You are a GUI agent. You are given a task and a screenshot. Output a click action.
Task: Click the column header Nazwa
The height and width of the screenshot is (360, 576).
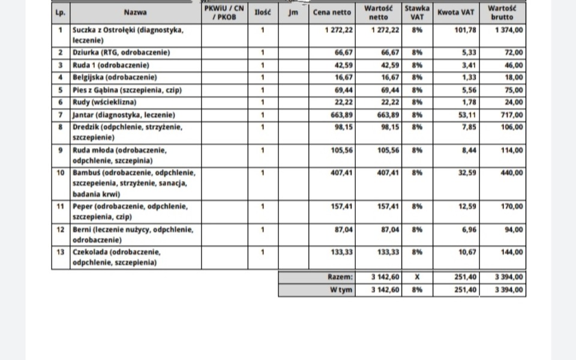pos(135,12)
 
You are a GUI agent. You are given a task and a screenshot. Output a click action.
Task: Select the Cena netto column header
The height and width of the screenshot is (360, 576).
pos(332,12)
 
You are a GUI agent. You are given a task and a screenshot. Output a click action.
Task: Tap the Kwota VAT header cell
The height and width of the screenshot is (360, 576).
pos(456,12)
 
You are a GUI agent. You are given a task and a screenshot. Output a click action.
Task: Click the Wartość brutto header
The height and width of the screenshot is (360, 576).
pos(502,12)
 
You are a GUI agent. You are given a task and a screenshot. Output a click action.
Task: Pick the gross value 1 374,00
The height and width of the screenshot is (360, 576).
pos(509,29)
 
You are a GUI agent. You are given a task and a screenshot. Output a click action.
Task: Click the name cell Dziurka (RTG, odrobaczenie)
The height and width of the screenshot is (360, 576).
pos(121,53)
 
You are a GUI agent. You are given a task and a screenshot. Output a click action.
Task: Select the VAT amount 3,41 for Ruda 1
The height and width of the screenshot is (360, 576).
pos(468,65)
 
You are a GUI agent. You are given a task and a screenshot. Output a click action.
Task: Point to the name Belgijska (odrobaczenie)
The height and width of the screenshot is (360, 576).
pos(115,77)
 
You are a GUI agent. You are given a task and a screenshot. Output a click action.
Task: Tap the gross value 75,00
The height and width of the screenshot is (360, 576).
pos(514,90)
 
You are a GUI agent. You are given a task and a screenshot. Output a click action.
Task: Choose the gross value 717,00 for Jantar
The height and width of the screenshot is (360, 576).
pos(512,115)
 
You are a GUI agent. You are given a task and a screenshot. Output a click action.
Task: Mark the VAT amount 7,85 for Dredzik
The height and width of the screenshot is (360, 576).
pos(468,128)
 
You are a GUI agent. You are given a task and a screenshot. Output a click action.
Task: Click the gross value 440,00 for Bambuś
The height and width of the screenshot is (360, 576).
pos(512,173)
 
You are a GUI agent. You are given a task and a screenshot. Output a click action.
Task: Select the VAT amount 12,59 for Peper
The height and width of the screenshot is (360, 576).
pos(466,206)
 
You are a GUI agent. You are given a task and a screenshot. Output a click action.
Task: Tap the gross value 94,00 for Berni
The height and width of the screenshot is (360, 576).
pos(514,229)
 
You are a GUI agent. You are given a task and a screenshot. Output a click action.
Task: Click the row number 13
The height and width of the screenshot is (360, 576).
pos(60,252)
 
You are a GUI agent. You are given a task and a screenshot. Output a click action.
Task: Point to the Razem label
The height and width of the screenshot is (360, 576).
pos(340,277)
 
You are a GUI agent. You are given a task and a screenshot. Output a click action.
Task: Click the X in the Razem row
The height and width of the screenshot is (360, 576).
pos(417,277)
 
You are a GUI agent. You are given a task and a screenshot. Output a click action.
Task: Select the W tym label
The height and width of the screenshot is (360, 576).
pos(341,290)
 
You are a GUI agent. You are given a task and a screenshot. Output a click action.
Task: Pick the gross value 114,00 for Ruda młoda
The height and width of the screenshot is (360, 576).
pos(512,150)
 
